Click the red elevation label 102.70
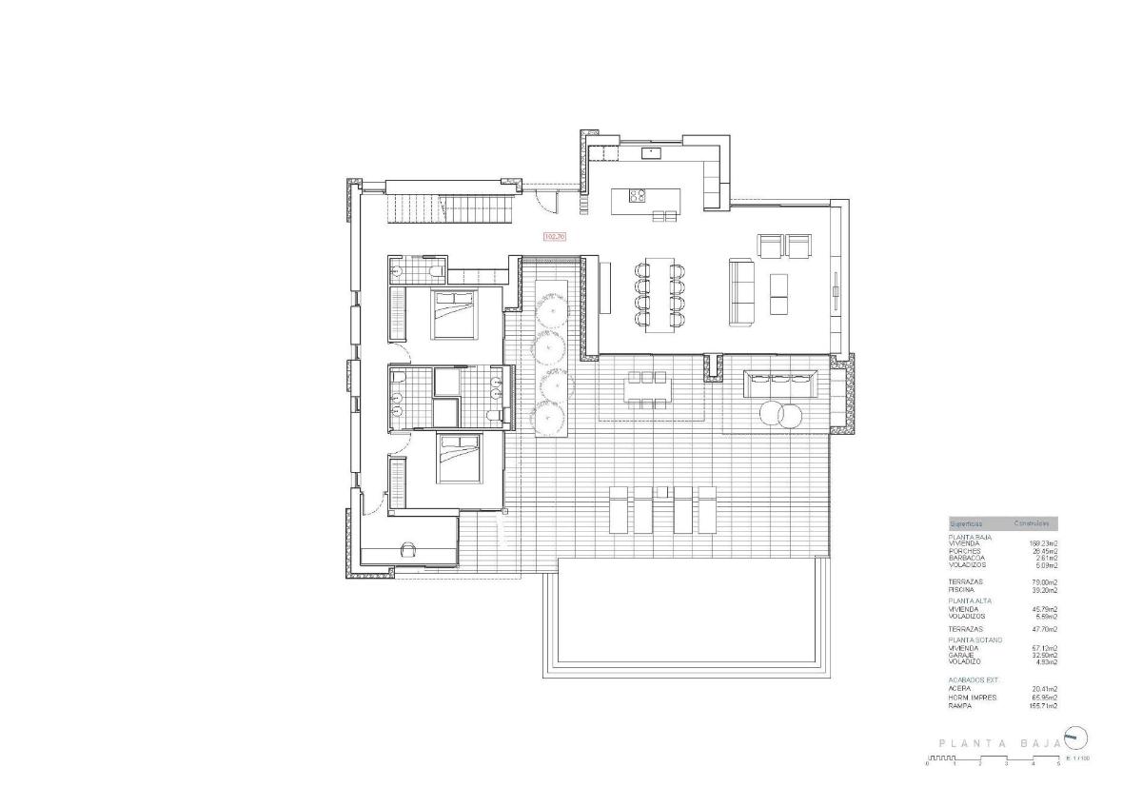click(555, 236)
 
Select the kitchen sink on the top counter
click(654, 150)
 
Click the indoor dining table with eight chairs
click(660, 295)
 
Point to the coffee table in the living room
click(779, 294)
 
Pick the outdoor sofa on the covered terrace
click(780, 384)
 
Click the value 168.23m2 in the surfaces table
click(1043, 543)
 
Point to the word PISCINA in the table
click(962, 589)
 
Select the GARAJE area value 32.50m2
click(1044, 656)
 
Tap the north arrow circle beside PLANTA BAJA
click(1075, 738)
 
